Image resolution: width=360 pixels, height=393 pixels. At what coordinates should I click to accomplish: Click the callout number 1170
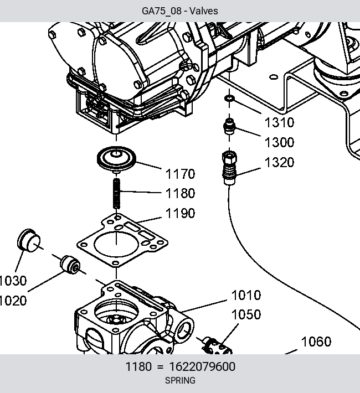click(180, 174)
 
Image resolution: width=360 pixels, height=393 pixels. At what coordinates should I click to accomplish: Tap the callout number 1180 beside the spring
click(180, 193)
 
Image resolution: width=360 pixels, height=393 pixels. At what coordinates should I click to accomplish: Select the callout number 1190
click(180, 213)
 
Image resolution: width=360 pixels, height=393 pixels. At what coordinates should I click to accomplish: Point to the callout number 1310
click(279, 122)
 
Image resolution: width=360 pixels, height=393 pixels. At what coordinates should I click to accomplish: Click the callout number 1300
click(279, 142)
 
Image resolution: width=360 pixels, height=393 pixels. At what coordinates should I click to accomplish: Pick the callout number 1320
click(279, 162)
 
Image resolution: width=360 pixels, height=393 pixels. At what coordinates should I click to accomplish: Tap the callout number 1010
click(246, 295)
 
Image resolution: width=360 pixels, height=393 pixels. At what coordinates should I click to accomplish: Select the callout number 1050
click(246, 314)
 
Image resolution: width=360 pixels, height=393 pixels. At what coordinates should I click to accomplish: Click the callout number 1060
click(316, 342)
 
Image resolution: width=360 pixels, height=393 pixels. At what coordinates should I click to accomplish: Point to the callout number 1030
click(13, 281)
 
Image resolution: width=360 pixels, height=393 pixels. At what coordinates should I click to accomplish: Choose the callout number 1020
click(13, 300)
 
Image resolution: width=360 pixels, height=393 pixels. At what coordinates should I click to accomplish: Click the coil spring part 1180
click(117, 193)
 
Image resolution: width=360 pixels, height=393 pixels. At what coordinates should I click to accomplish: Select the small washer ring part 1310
click(229, 99)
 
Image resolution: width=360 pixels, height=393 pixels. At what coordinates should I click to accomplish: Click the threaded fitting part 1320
click(229, 168)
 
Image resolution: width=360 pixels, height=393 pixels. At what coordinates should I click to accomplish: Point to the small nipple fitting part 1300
click(229, 127)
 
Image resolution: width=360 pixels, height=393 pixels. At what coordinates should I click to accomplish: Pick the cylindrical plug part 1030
click(29, 240)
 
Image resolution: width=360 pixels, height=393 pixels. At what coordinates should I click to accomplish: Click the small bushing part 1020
click(70, 265)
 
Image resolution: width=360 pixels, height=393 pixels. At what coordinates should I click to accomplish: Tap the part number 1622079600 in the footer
click(202, 366)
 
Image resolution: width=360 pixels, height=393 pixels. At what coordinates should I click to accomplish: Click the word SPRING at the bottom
click(180, 380)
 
